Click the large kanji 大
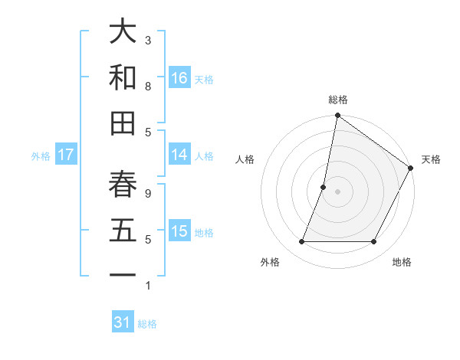click(x=123, y=32)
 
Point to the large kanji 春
click(x=123, y=185)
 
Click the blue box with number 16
click(x=179, y=77)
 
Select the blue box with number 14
click(x=179, y=154)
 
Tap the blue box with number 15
click(x=179, y=231)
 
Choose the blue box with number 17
click(x=66, y=154)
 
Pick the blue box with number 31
click(x=123, y=322)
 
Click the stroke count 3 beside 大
click(x=148, y=40)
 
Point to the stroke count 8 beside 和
click(x=148, y=86)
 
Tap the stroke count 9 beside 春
click(x=148, y=194)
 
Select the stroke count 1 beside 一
click(x=148, y=286)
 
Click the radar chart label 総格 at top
click(x=337, y=100)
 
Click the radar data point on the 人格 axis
click(x=324, y=187)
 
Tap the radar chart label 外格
click(x=270, y=263)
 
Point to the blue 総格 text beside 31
click(x=147, y=324)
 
